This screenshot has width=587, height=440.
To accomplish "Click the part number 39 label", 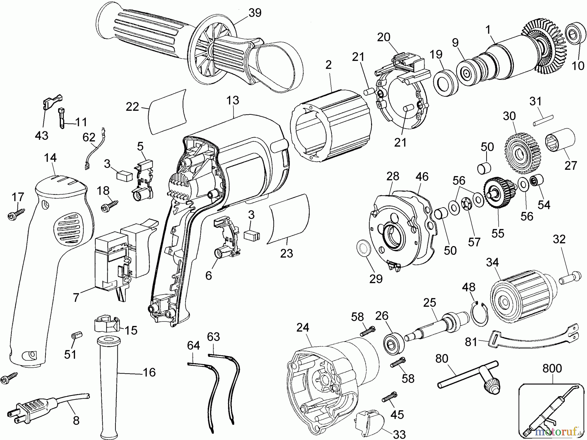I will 255,13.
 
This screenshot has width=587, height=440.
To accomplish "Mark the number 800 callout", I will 552,368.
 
